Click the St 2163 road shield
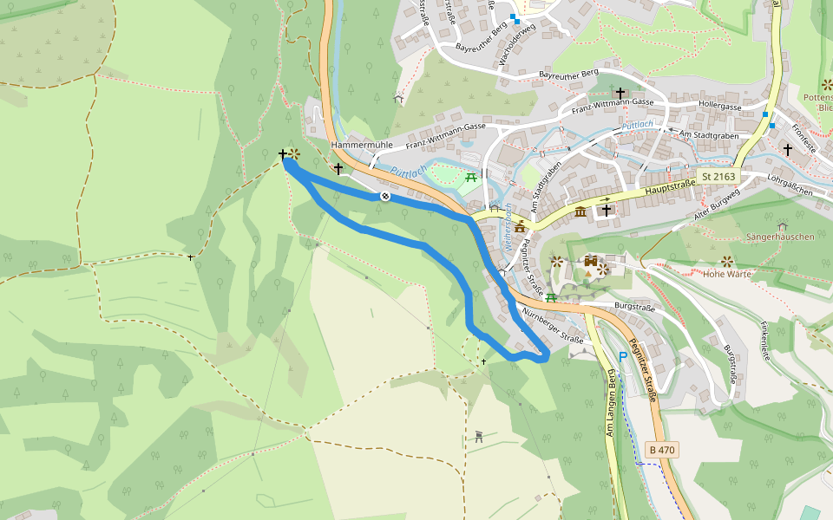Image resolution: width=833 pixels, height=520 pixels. (x=718, y=177)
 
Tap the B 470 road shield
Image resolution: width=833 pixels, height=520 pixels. (x=661, y=450)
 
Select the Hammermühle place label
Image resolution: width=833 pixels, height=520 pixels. (x=361, y=145)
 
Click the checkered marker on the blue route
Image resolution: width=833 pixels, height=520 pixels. (x=384, y=197)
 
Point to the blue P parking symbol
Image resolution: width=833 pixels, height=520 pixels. (x=622, y=356)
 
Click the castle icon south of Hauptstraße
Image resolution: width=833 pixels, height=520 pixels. (x=590, y=262)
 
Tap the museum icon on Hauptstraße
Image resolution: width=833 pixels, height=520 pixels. (x=580, y=212)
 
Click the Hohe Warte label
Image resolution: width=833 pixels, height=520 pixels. (x=726, y=275)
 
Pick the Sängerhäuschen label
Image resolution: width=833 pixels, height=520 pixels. (x=780, y=237)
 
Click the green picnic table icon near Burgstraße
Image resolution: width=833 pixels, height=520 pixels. (x=550, y=297)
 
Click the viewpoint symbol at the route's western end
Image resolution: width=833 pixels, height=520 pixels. (x=295, y=154)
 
